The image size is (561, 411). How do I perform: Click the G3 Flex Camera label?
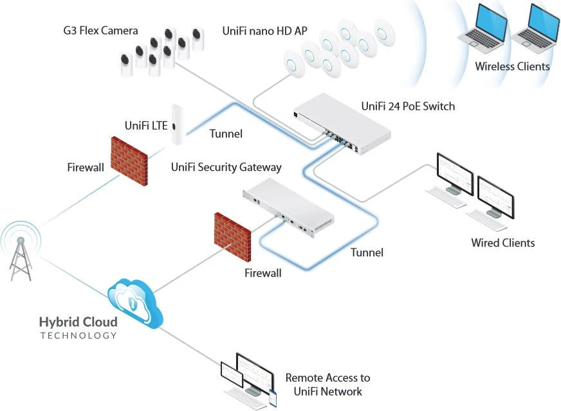tap(100, 31)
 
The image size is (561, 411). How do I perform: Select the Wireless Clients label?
tap(512, 66)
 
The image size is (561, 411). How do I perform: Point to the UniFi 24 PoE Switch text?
tap(408, 106)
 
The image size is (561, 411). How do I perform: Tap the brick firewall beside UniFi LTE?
tap(129, 161)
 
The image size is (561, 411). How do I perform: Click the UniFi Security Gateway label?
tap(226, 167)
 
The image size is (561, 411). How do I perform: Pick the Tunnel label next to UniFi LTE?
tap(226, 134)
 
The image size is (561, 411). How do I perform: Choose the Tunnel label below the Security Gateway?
tap(367, 252)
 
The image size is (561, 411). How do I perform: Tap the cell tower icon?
tap(21, 252)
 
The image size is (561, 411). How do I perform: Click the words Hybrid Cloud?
tap(78, 321)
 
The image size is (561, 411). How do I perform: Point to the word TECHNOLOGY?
tap(78, 335)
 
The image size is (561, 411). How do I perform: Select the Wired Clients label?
tap(502, 243)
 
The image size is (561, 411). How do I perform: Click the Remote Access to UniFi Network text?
tap(327, 385)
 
